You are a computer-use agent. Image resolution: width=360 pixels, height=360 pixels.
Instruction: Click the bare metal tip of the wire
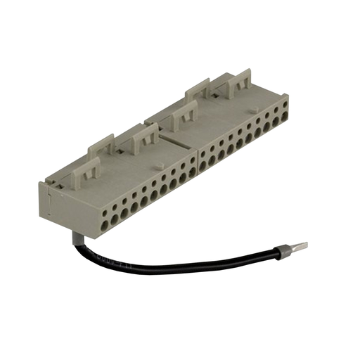300,247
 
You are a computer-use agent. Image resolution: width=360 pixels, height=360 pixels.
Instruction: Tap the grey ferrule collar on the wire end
285,250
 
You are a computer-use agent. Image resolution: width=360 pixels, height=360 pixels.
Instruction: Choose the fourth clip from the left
184,112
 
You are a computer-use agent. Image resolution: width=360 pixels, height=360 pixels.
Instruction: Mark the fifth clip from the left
199,90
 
